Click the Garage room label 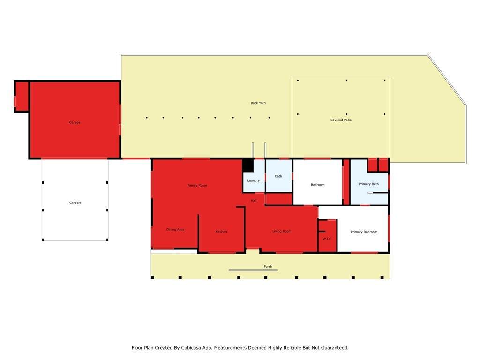point(75,122)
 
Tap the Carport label point(75,202)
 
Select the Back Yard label point(258,103)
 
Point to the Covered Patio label point(341,120)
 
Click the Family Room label point(197,185)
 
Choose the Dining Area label point(175,229)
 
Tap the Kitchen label point(221,232)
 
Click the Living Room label point(282,231)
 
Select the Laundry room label point(254,180)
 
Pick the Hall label point(254,201)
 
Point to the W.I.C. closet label point(327,239)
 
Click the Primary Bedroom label point(364,232)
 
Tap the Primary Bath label point(368,184)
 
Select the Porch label point(268,267)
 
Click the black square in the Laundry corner point(248,165)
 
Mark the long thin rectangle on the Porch point(254,270)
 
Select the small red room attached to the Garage point(22,96)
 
